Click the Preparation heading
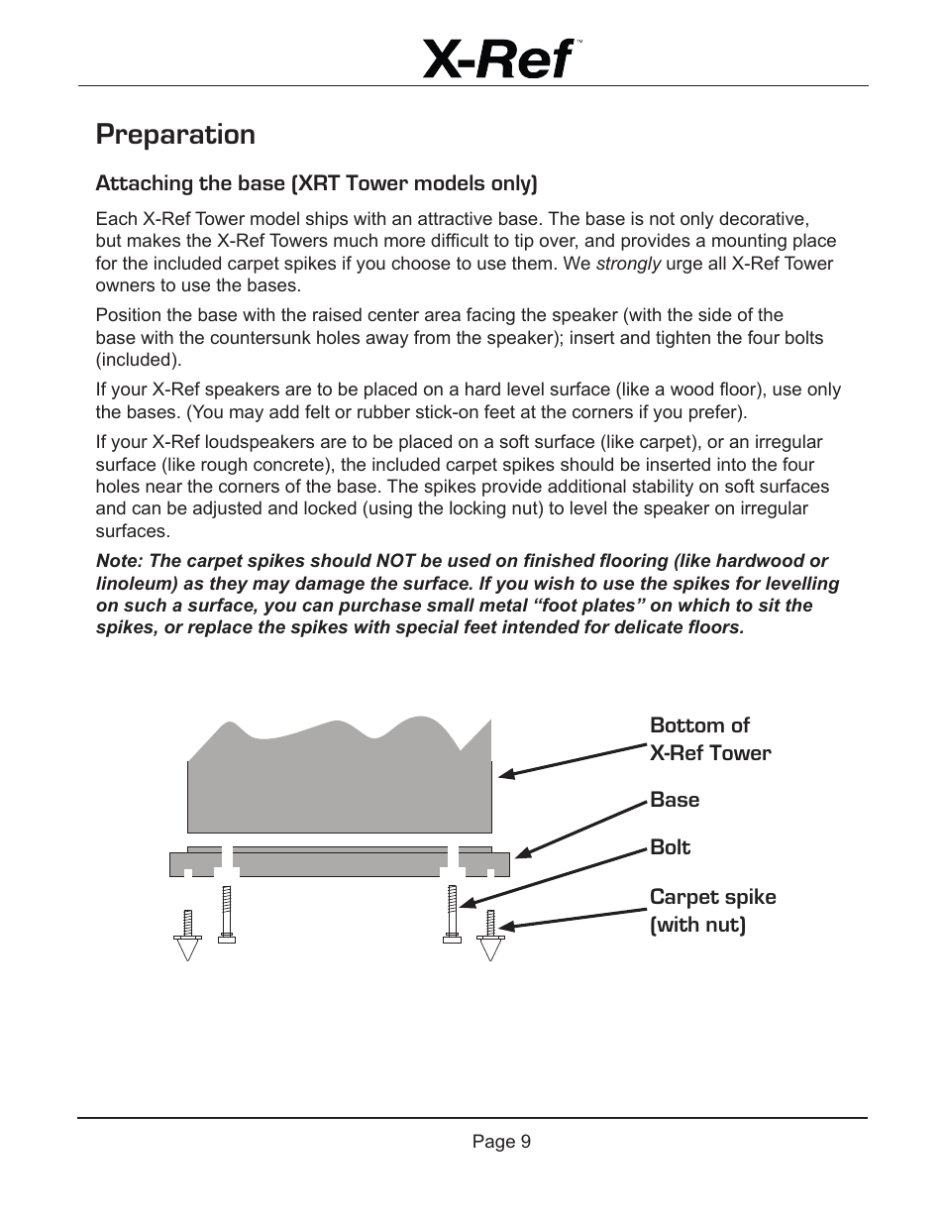pyautogui.click(x=175, y=135)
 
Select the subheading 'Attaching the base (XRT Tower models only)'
pyautogui.click(x=316, y=183)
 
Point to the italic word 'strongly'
pyautogui.click(x=628, y=264)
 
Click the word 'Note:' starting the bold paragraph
pyautogui.click(x=119, y=561)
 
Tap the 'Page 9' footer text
pyautogui.click(x=501, y=1142)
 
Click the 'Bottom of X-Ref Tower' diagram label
pyautogui.click(x=709, y=739)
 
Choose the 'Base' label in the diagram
pyautogui.click(x=675, y=800)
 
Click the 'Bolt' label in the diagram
pyautogui.click(x=670, y=847)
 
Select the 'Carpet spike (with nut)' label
pyautogui.click(x=712, y=911)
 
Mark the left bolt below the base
pyautogui.click(x=226, y=914)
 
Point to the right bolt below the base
pyautogui.click(x=452, y=914)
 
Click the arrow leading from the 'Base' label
pyautogui.click(x=580, y=829)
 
